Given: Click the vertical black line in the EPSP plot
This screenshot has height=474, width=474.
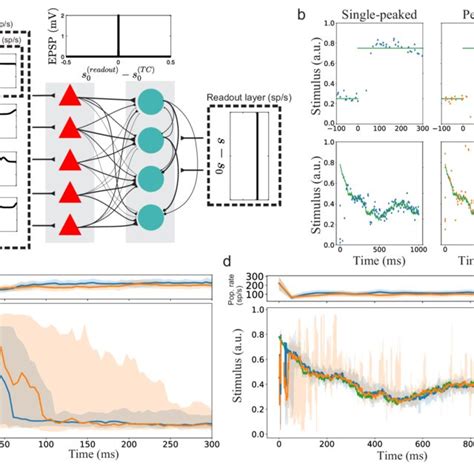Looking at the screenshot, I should click(119, 36).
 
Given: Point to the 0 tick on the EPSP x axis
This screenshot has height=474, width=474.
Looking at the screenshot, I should click(119, 65).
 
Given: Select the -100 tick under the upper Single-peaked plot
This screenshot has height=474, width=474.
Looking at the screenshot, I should click(342, 130).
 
